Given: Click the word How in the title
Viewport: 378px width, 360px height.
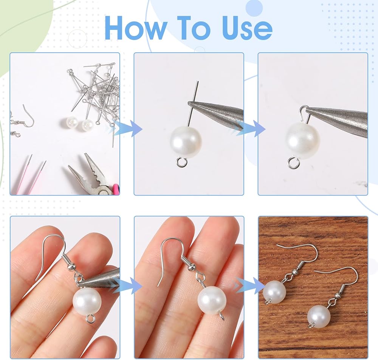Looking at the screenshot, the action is click(x=134, y=28).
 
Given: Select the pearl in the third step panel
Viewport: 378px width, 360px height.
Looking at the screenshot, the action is click(x=303, y=140).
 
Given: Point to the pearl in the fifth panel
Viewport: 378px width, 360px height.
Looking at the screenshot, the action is click(x=212, y=300).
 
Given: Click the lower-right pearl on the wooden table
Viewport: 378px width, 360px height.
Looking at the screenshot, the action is click(x=319, y=317).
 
